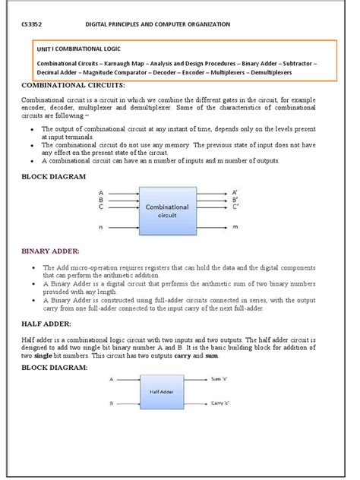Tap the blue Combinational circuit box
point(166,210)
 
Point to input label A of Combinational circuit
point(101,193)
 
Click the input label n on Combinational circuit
point(101,227)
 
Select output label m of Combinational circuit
point(235,227)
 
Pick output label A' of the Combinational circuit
point(235,193)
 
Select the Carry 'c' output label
point(221,403)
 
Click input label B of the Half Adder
point(111,403)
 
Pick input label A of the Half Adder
point(111,377)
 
